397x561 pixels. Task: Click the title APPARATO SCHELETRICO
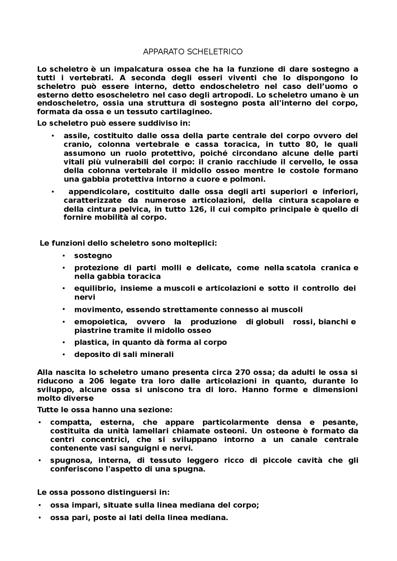point(193,52)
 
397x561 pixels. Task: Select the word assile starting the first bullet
point(75,136)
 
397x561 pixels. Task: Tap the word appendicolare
point(99,192)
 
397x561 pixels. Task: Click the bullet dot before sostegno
point(64,256)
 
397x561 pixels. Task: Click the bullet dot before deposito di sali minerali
point(64,354)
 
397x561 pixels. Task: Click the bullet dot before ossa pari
point(40,517)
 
